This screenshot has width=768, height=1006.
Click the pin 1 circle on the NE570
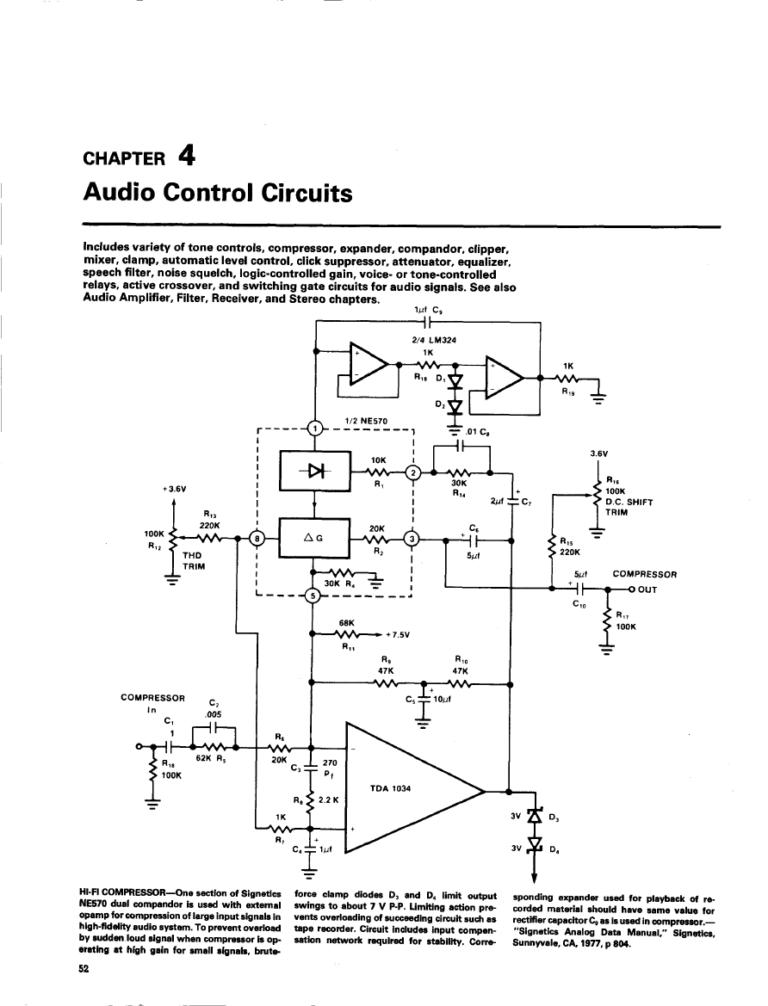point(316,428)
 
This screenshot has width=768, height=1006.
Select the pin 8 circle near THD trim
point(257,539)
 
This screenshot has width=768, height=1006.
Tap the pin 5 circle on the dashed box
point(313,596)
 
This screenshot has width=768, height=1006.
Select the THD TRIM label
point(195,561)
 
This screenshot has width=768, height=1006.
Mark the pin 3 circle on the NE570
point(412,539)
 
